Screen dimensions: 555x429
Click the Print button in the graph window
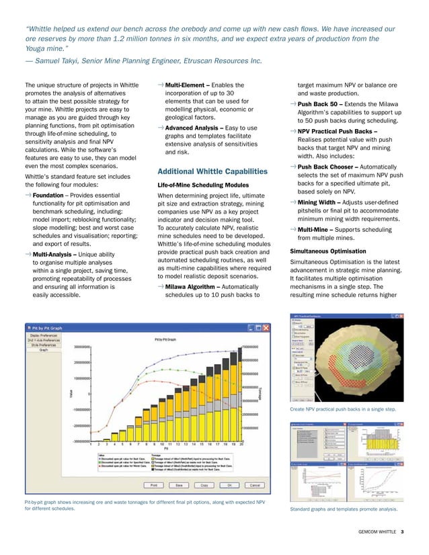point(154,484)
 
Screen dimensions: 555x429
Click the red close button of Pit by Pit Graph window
point(268,328)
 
